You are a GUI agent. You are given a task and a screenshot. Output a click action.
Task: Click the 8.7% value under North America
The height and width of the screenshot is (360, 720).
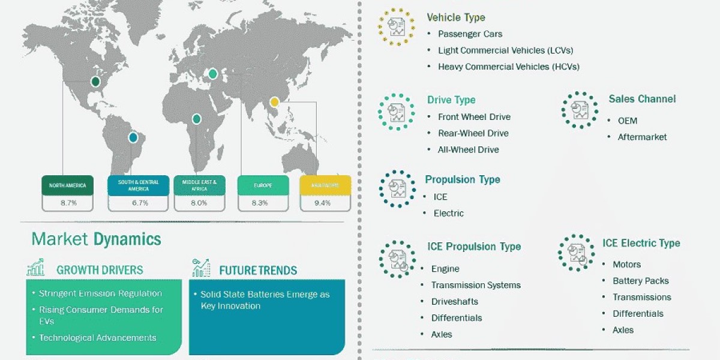click(x=68, y=203)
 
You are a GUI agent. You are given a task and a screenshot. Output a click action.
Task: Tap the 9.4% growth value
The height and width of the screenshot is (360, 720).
click(x=322, y=203)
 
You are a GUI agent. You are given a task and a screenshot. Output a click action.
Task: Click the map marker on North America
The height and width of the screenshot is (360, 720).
click(x=95, y=82)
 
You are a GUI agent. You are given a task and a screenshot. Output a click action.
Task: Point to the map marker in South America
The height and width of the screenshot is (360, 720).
click(x=133, y=137)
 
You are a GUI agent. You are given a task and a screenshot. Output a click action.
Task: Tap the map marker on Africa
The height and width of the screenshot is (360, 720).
click(x=196, y=119)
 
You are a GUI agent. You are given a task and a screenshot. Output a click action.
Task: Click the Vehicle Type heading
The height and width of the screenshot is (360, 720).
click(x=455, y=17)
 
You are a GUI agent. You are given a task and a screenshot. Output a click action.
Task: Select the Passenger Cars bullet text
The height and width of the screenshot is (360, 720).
click(x=470, y=34)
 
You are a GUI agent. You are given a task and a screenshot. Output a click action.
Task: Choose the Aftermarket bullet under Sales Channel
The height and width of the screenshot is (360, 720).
click(x=642, y=137)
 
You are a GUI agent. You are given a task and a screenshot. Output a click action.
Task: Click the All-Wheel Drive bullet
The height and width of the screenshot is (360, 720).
click(x=468, y=149)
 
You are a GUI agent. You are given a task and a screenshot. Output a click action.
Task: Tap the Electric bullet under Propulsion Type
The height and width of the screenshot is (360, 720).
click(x=449, y=213)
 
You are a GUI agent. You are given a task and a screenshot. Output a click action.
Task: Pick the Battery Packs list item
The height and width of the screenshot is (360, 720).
click(x=640, y=281)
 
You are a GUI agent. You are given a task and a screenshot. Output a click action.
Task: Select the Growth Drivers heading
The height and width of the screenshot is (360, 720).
click(x=100, y=270)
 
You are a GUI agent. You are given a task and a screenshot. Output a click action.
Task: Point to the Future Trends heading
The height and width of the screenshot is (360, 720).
click(x=257, y=270)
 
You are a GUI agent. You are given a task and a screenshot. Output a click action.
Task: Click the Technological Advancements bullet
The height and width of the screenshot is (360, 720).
click(x=97, y=338)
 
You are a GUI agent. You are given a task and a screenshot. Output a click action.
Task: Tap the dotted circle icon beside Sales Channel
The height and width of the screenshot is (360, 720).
click(x=579, y=110)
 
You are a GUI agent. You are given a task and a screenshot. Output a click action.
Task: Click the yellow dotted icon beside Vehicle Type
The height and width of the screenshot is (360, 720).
click(x=395, y=26)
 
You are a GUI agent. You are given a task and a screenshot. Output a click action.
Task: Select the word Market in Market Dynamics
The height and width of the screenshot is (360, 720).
click(x=60, y=239)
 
